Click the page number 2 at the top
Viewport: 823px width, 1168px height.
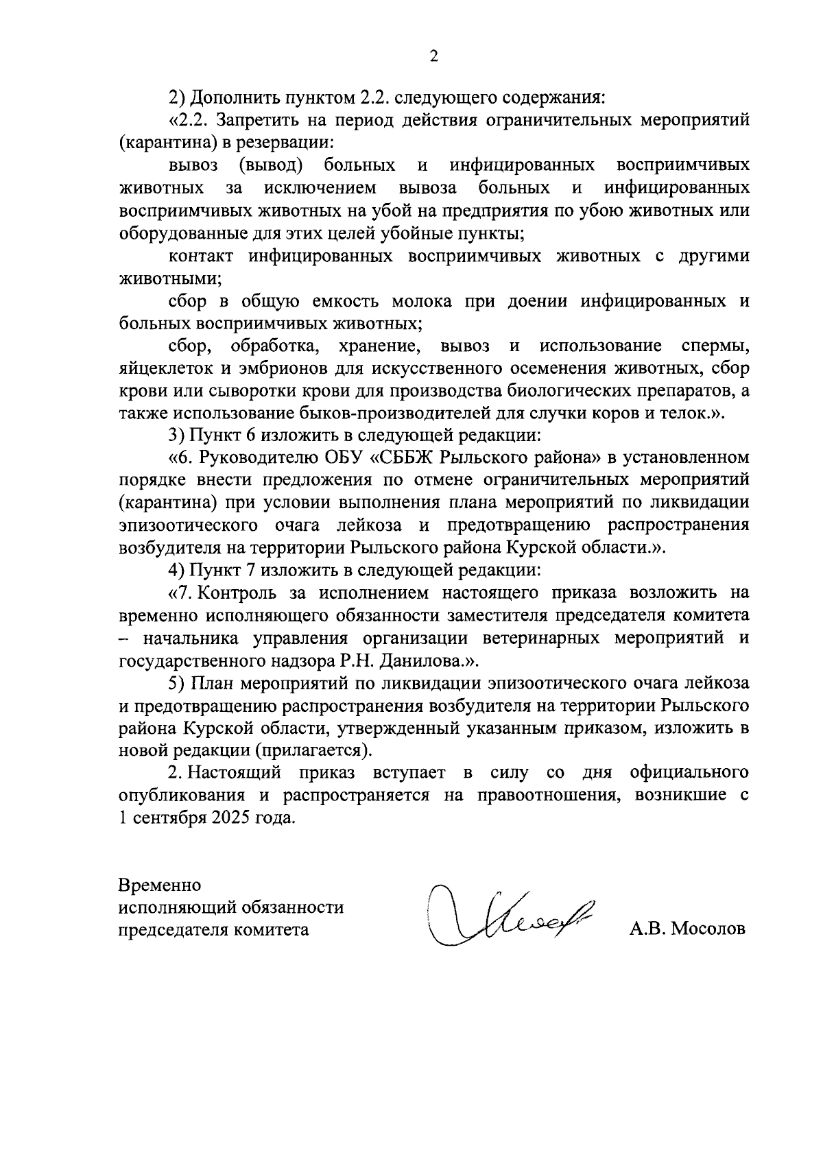click(x=433, y=57)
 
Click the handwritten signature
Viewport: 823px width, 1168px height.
click(x=511, y=916)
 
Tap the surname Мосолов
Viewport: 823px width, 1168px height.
click(x=709, y=929)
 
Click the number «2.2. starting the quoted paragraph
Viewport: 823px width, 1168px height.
click(x=189, y=121)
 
